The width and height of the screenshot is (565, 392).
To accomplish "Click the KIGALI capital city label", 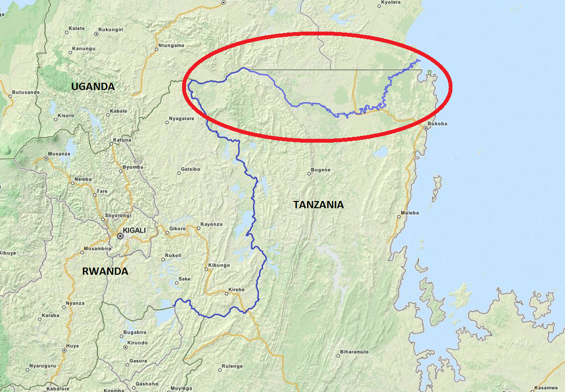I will [134, 230].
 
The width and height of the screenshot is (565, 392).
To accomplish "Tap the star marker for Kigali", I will [120, 236].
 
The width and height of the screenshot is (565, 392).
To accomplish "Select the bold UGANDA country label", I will [93, 87].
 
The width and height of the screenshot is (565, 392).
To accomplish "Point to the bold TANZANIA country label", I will [318, 205].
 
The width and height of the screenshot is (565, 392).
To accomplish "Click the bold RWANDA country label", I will [105, 271].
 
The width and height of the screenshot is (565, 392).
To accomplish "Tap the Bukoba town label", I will [438, 123].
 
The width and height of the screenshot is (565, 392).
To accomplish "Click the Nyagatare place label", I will [182, 118].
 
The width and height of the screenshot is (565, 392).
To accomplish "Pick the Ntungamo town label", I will [171, 45].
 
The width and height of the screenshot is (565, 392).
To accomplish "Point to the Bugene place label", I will [321, 170].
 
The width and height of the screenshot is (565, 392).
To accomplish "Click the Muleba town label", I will [410, 213].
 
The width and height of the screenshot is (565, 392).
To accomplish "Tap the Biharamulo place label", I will [354, 352].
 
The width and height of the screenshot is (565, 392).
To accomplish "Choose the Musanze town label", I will [60, 154].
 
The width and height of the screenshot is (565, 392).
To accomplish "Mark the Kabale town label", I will [118, 111].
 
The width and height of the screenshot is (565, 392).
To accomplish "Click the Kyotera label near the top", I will [390, 2].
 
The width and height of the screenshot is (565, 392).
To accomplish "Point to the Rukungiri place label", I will [111, 30].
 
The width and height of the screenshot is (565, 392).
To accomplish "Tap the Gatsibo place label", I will [190, 169].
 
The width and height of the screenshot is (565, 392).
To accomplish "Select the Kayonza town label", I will [211, 224].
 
